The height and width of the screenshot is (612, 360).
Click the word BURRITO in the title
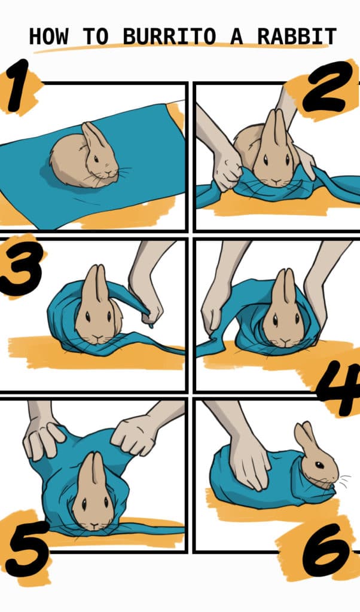(x=169, y=36)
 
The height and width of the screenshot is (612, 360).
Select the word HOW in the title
(x=48, y=36)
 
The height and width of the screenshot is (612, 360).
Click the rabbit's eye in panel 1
(x=96, y=158)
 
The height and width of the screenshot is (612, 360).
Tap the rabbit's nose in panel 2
(x=276, y=180)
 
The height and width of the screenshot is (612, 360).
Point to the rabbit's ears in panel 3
(x=96, y=284)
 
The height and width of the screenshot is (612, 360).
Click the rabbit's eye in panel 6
(x=319, y=464)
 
